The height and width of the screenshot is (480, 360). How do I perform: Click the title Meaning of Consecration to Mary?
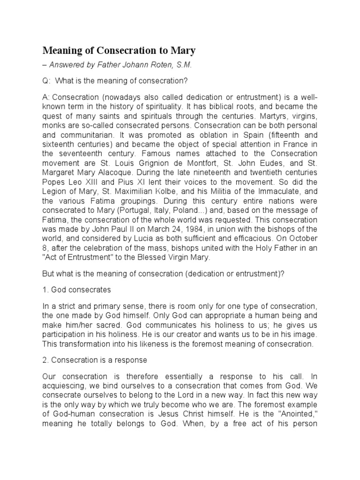(x=120, y=50)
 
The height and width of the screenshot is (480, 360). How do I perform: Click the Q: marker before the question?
(x=46, y=81)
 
